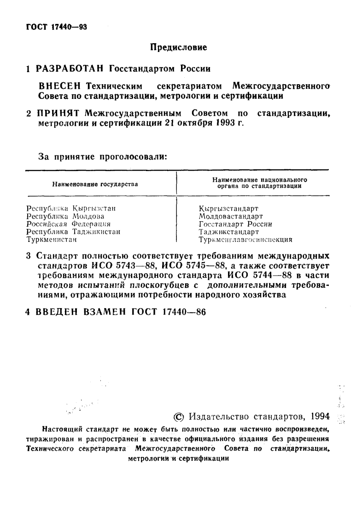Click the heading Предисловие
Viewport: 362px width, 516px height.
[180, 47]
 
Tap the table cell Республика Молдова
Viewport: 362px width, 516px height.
[65, 216]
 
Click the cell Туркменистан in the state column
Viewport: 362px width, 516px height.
[51, 239]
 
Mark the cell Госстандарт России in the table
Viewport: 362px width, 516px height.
[235, 224]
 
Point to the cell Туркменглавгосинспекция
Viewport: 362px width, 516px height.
[246, 239]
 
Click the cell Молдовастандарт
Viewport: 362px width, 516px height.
[231, 216]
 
